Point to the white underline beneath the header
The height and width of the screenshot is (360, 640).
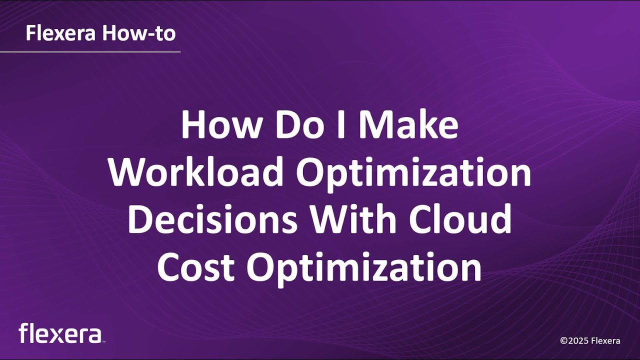pos(90,51)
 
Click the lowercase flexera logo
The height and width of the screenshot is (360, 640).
pos(60,333)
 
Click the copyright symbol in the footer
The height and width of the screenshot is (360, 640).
pos(563,341)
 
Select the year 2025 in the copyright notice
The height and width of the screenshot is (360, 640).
pos(577,341)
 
